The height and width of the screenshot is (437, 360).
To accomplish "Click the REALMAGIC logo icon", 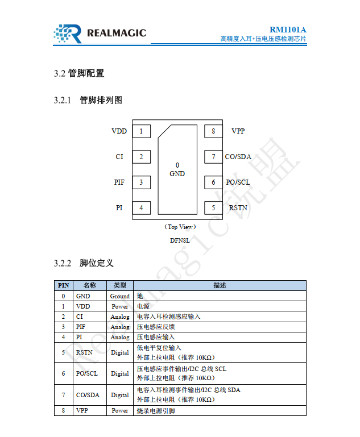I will point(68,34).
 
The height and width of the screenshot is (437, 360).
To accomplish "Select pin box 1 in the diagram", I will point(141,131).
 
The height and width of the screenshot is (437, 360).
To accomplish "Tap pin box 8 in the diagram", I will point(213,131).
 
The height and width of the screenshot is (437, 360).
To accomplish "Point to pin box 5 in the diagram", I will point(213,208).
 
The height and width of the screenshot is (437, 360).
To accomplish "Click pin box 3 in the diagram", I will point(141,182).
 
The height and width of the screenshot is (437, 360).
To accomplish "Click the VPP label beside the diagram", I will point(238,131).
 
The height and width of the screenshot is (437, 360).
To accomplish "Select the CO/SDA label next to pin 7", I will point(238,157).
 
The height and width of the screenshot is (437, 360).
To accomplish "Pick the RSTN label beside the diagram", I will point(238,208).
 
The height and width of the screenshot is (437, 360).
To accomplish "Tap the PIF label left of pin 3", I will point(119,182).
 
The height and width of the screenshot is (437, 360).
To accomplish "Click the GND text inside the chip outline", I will point(177,174).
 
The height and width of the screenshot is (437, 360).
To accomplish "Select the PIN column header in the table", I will point(63,285).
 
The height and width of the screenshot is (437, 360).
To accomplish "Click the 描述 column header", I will point(220,285).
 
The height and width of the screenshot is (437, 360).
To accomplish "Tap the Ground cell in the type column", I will point(119,296).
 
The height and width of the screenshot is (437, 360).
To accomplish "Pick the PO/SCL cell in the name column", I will point(87,373).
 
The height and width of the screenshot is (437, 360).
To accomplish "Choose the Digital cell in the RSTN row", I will point(119,352).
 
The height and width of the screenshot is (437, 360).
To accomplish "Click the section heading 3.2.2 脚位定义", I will point(84,263).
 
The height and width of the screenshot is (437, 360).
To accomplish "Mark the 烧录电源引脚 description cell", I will point(156,410).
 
